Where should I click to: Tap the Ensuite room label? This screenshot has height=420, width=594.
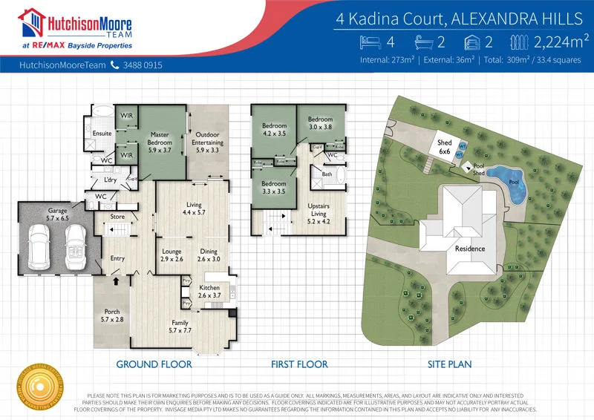click(x=102, y=134)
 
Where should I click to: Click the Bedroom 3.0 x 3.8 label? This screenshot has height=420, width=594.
click(x=320, y=123)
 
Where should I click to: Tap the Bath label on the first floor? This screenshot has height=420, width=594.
click(x=327, y=174)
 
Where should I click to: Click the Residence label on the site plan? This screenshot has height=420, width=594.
click(x=469, y=249)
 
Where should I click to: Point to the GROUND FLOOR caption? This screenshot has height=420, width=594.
click(x=154, y=364)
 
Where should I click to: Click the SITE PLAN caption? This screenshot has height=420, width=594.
click(x=450, y=364)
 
